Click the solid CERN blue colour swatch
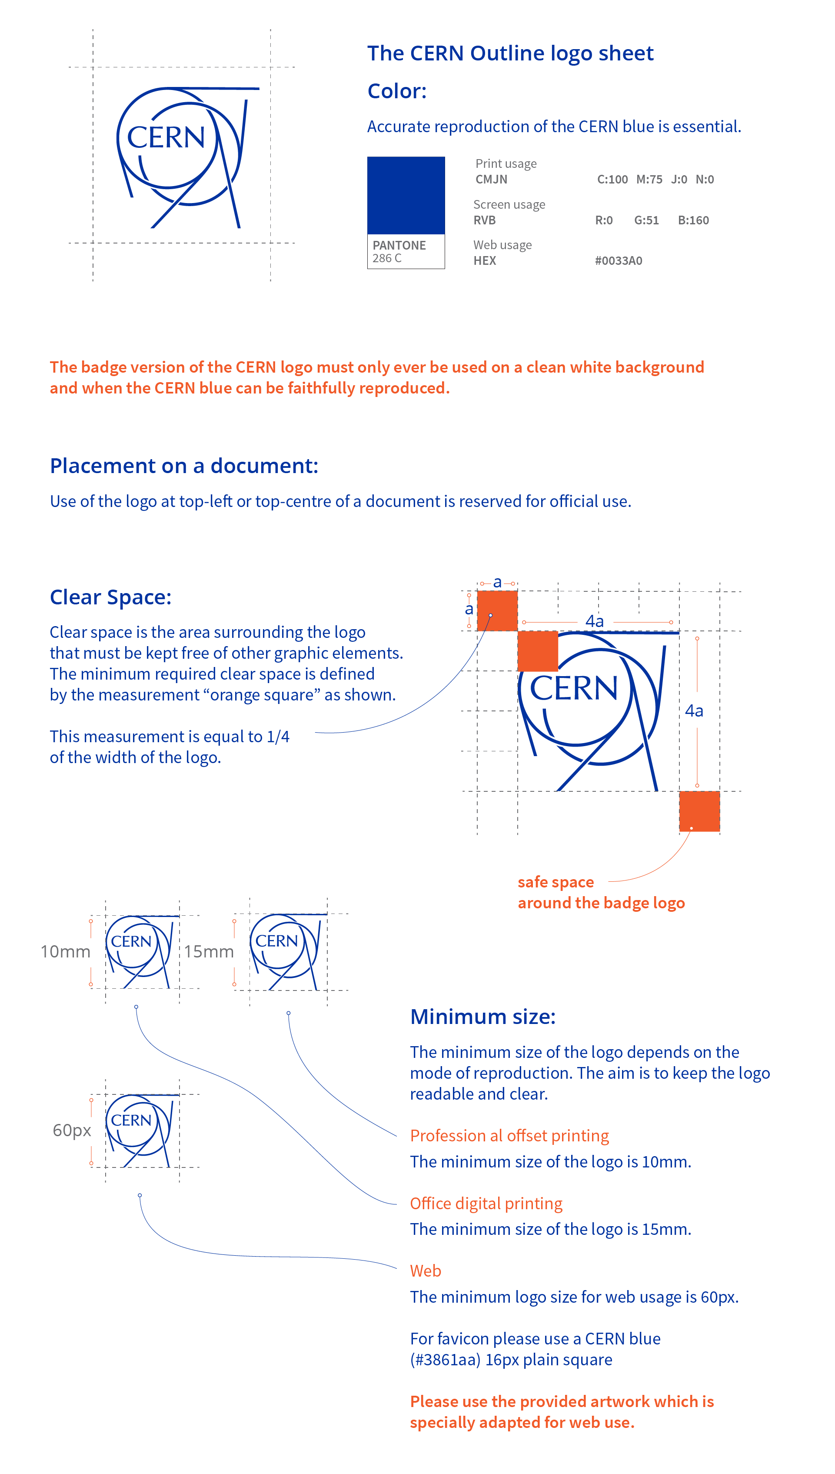point(406,195)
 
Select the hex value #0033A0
point(618,260)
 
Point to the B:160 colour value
point(693,220)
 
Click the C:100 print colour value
point(612,180)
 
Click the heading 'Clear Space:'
point(110,597)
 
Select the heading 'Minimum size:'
point(482,1016)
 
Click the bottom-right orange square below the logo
point(699,810)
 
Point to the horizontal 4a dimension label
point(594,621)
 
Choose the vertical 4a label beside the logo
point(693,710)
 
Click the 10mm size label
point(65,951)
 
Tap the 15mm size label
point(209,951)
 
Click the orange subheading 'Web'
point(425,1271)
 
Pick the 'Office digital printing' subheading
point(486,1203)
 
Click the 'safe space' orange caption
point(555,881)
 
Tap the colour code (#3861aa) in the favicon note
point(445,1359)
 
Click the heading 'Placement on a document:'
point(183,466)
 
